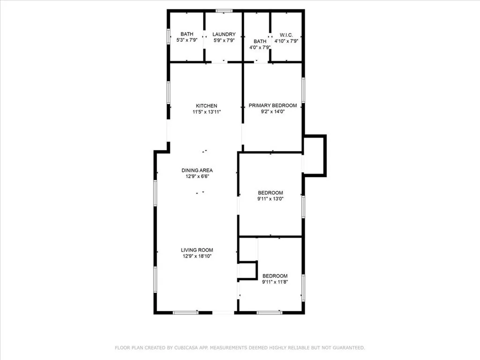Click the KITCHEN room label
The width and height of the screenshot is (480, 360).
(x=206, y=106)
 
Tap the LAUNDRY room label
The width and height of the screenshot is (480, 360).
(x=224, y=35)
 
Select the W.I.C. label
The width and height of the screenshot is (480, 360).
(x=286, y=35)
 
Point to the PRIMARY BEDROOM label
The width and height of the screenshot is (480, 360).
(x=272, y=105)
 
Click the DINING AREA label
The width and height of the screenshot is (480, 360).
(x=197, y=170)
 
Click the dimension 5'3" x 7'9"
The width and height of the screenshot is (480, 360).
(x=187, y=41)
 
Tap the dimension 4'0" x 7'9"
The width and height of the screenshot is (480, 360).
(x=260, y=47)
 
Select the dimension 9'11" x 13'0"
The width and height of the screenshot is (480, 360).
(x=270, y=199)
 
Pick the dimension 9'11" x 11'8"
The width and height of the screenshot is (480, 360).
(x=275, y=282)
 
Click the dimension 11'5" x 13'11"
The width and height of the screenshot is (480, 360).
(x=206, y=112)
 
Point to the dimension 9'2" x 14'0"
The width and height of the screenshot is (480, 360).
(x=272, y=112)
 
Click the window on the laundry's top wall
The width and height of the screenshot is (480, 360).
(x=224, y=10)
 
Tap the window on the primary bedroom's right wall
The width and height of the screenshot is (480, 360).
(x=303, y=90)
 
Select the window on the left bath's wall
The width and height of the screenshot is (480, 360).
(x=169, y=37)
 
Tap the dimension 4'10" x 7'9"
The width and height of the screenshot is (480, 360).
(x=286, y=41)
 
